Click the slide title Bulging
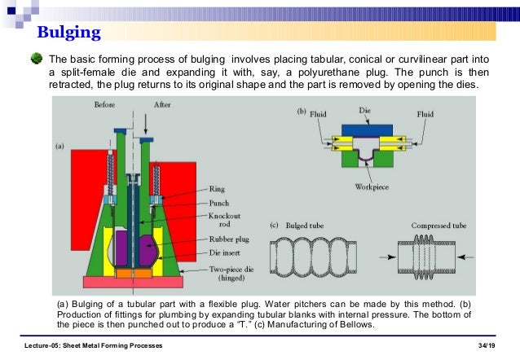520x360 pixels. click(x=69, y=33)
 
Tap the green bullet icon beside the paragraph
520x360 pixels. click(x=35, y=59)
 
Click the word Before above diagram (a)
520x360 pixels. click(x=105, y=105)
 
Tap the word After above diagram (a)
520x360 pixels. click(x=163, y=105)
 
